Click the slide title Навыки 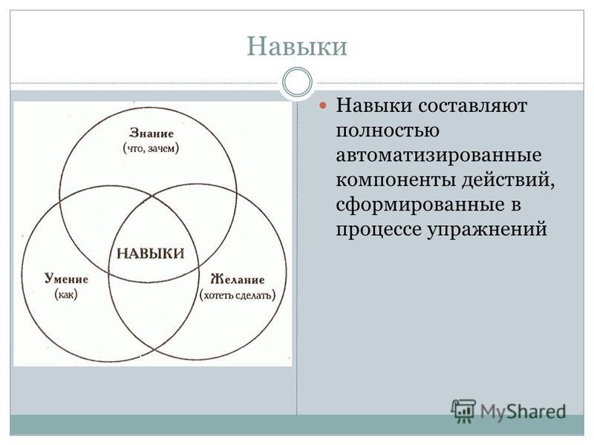pos(297,46)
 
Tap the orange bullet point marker pos(323,105)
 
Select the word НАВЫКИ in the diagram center pos(151,253)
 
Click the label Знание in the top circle pos(151,133)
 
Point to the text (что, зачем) pos(151,148)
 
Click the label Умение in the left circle pos(66,279)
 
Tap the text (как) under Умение pos(66,294)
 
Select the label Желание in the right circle pos(237,280)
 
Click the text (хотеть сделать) pos(238,294)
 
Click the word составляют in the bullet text pos(472,105)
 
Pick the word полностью pos(388,131)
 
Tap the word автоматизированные pos(439,156)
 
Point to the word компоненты pos(396,180)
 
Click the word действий pos(509,179)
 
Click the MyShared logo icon pos(463,411)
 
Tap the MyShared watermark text pos(523,412)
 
